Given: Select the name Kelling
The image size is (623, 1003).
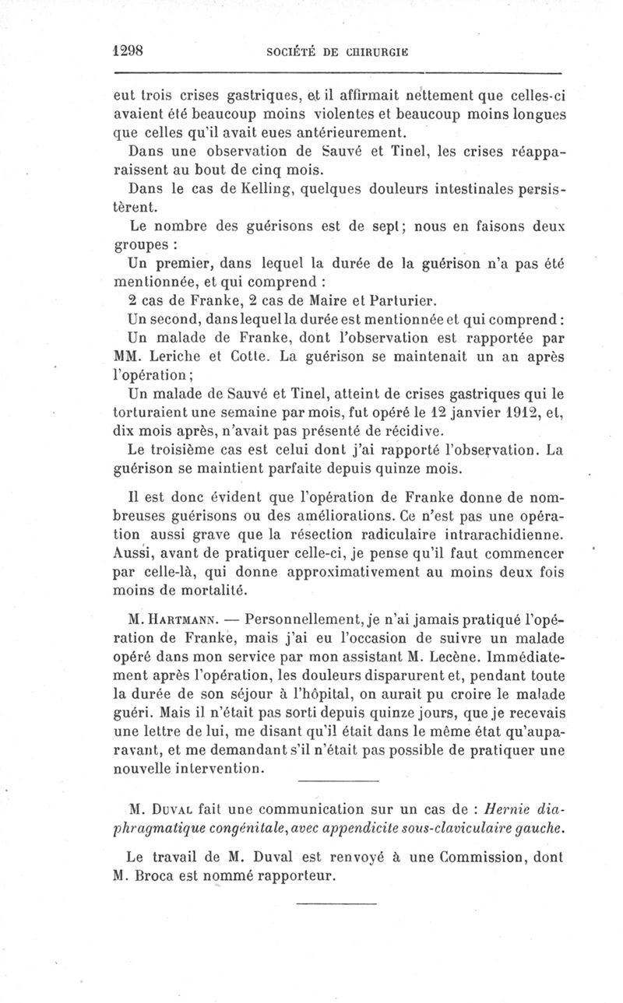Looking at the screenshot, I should point(245,189).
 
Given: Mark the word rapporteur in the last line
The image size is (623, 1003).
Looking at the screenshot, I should point(293,875).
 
